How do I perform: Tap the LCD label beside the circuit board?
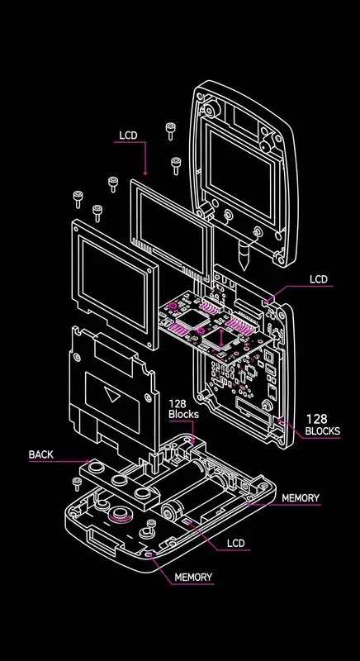(319, 279)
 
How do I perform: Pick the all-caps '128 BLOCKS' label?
(322, 425)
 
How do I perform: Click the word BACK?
(40, 454)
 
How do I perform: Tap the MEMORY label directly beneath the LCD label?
(192, 577)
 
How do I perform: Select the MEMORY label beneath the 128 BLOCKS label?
(301, 498)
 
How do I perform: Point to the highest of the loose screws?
(171, 130)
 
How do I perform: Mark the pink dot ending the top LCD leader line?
(144, 174)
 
